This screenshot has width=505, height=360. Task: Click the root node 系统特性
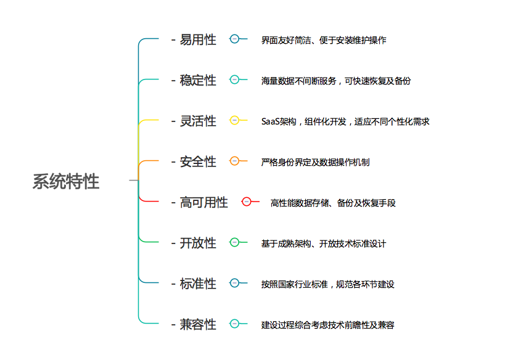(66, 181)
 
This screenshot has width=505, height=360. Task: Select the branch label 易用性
(198, 40)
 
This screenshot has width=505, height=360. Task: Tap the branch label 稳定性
(198, 80)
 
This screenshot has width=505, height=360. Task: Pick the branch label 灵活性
(198, 121)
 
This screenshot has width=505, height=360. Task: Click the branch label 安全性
(198, 162)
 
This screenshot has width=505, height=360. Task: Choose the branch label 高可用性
(203, 202)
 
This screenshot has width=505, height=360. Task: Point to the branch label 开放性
(198, 243)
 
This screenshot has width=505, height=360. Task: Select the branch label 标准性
(198, 284)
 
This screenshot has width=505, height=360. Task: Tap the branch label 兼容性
(198, 324)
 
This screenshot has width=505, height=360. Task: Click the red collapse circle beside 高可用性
(247, 202)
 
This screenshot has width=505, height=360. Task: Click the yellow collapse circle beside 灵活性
(234, 120)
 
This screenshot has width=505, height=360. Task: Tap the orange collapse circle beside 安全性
(234, 161)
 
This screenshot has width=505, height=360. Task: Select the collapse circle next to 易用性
(234, 39)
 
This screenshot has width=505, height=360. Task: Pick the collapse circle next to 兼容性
(234, 324)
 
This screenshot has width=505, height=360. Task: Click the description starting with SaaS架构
(345, 121)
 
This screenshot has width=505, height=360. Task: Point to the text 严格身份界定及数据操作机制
(315, 162)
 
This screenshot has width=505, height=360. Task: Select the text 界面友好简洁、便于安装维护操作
(324, 40)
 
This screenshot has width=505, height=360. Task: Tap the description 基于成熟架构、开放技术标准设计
(324, 243)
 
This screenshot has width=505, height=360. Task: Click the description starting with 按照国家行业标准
(327, 284)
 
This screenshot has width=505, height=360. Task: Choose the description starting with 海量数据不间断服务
(336, 80)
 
